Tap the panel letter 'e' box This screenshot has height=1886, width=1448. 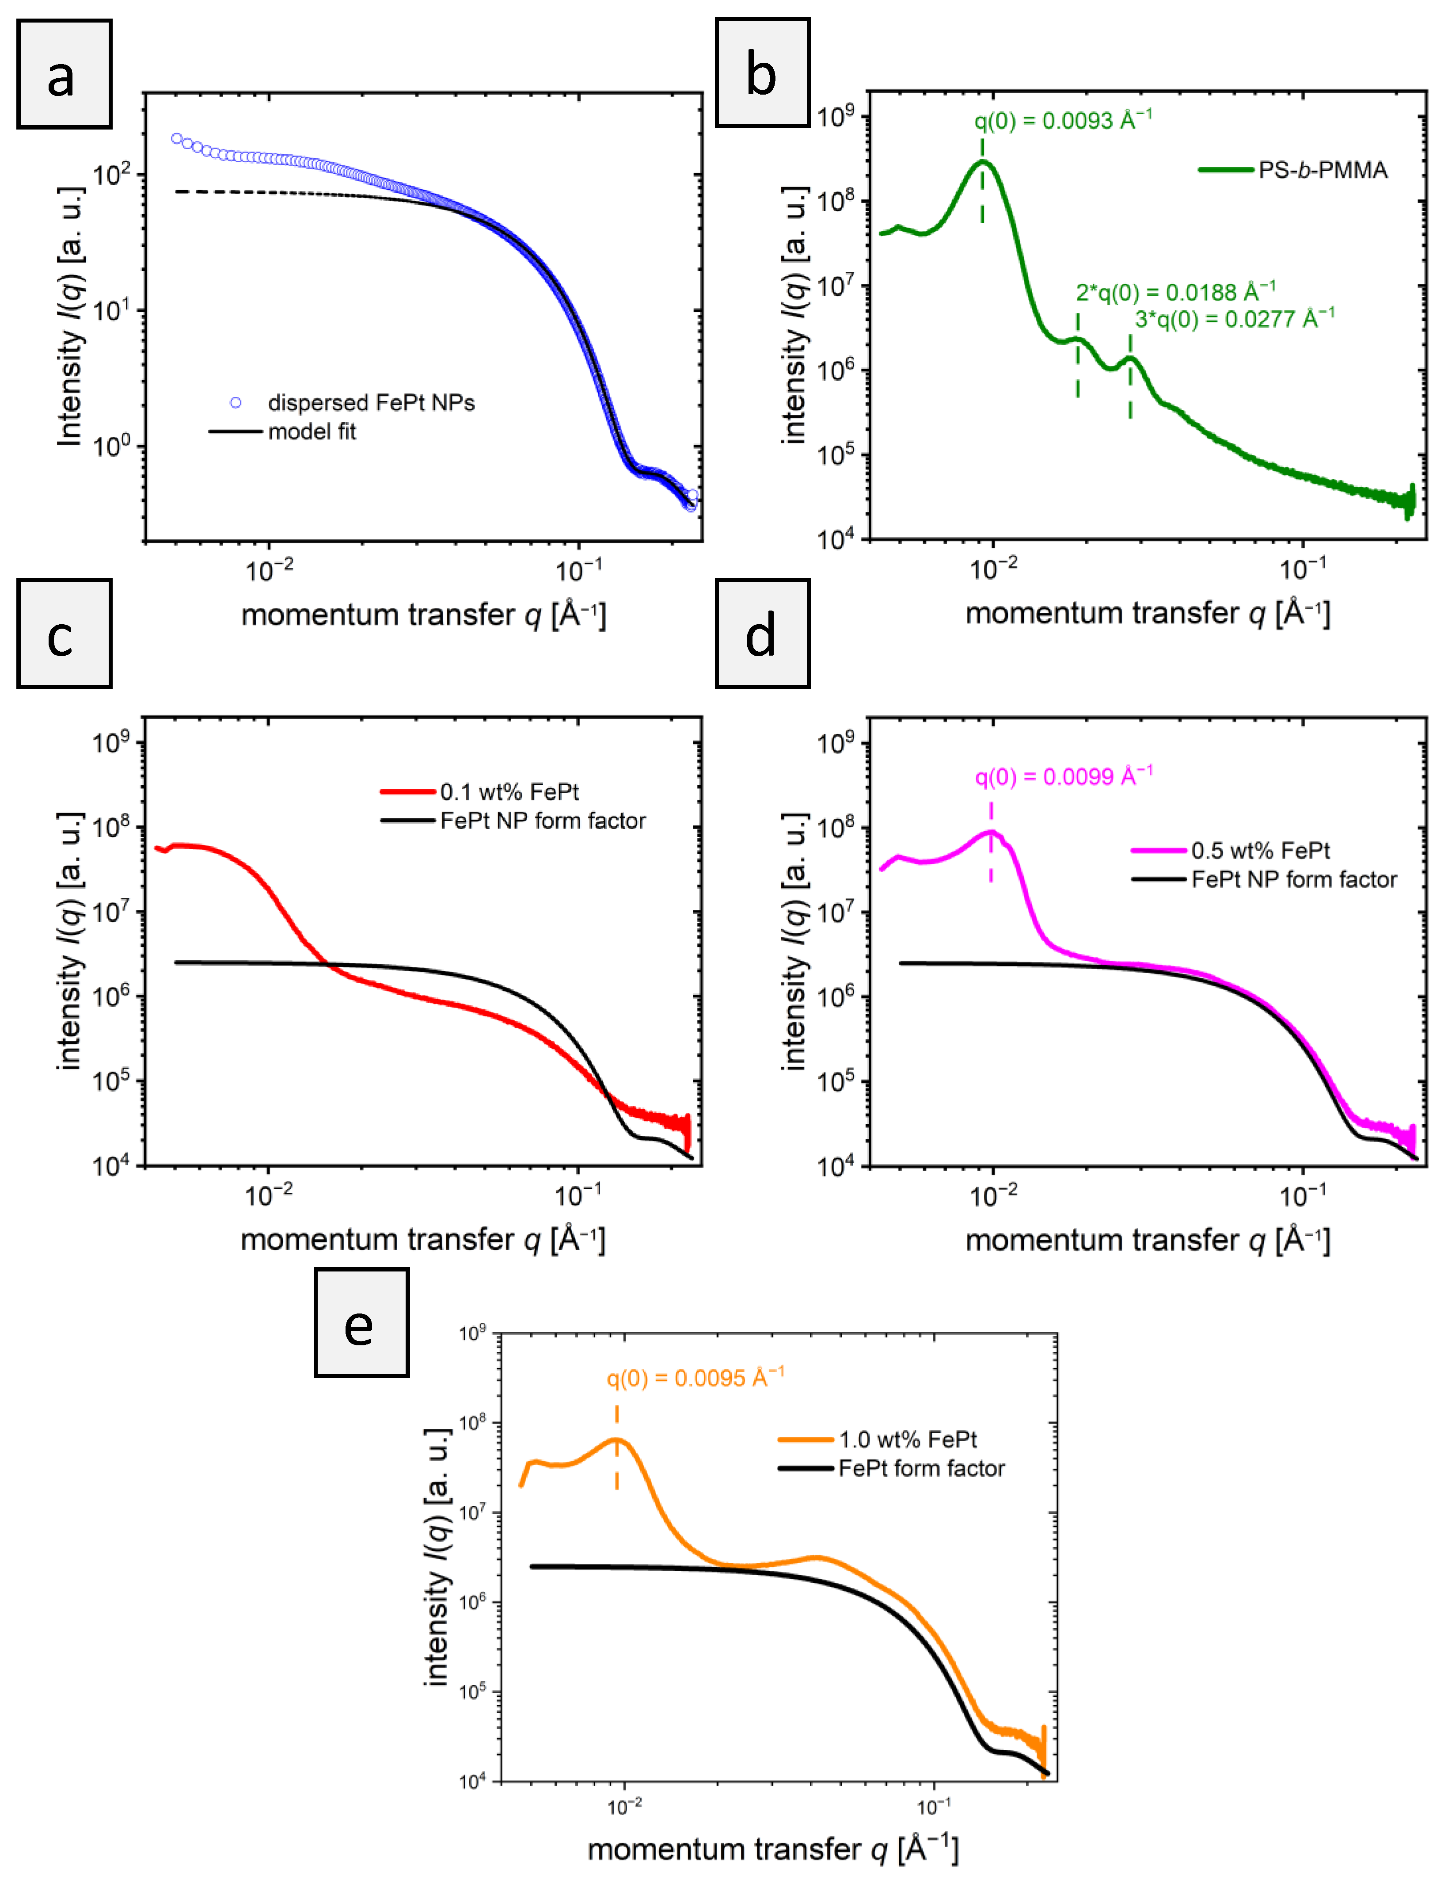pyautogui.click(x=361, y=1322)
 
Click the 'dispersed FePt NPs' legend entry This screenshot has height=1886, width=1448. pyautogui.click(x=371, y=403)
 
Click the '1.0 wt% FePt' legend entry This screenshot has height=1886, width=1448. pyautogui.click(x=908, y=1439)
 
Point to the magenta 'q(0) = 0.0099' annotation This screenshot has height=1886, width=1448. pyautogui.click(x=1064, y=776)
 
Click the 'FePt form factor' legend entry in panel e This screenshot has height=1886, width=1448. pyautogui.click(x=921, y=1469)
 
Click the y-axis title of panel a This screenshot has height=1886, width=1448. pyautogui.click(x=71, y=316)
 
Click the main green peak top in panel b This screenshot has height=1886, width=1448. pyautogui.click(x=983, y=161)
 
